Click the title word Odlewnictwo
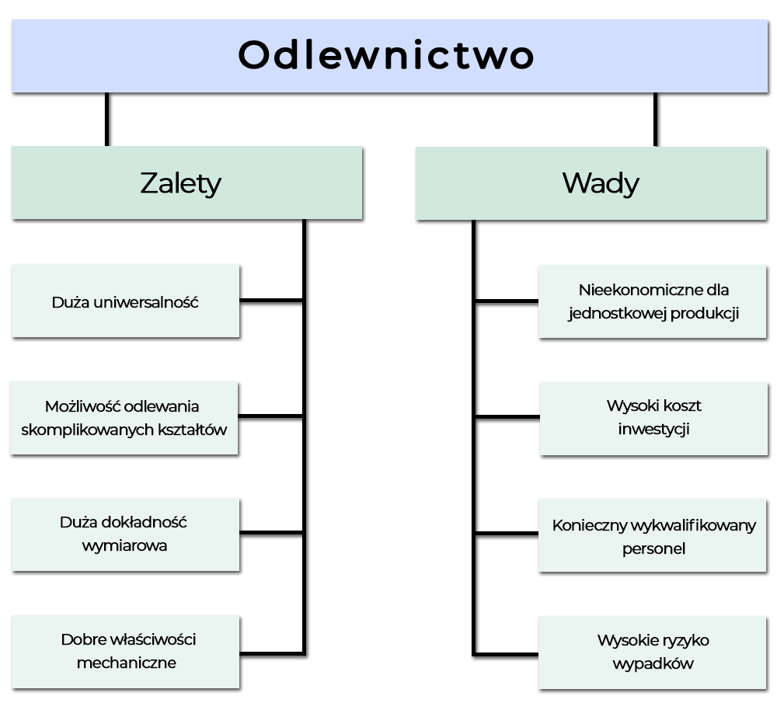click(386, 56)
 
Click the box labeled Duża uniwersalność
click(125, 302)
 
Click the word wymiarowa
click(124, 545)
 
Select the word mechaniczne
click(126, 663)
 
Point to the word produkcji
click(699, 314)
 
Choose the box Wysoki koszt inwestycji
click(653, 418)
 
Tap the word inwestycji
click(653, 429)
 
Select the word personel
click(653, 548)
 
